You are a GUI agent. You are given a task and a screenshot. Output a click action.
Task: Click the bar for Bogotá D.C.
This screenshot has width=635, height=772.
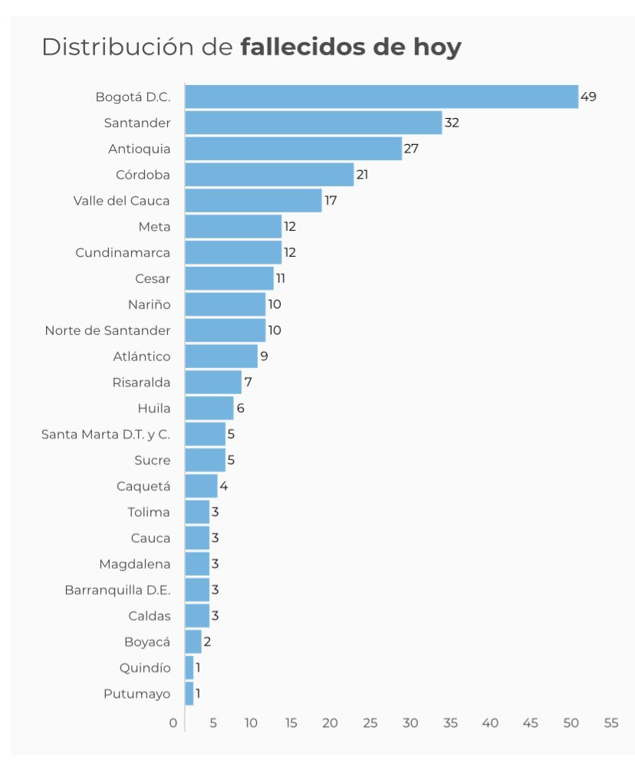pos(381,97)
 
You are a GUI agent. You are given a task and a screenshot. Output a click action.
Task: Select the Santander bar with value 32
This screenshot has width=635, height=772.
pos(313,123)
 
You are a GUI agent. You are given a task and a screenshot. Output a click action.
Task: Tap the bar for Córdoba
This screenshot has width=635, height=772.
pos(269,175)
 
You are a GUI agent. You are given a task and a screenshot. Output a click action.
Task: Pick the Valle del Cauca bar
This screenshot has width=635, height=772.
pos(253,201)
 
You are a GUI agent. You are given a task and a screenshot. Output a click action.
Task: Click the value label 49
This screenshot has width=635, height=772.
pos(588,97)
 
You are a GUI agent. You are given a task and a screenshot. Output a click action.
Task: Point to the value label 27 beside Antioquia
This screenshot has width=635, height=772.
pos(411,149)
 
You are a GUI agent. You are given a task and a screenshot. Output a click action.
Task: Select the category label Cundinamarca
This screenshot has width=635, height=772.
pos(123,252)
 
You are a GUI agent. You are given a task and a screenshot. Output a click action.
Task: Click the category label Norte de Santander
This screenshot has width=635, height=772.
pos(107,330)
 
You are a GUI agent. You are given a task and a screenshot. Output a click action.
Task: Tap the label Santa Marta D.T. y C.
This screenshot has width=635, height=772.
pos(106,434)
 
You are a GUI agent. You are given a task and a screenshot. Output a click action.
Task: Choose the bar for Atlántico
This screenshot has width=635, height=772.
pos(221,356)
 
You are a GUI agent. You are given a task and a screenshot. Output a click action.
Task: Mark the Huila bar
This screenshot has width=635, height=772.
pos(209,408)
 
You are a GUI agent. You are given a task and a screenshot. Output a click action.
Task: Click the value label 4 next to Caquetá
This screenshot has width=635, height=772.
pos(224,486)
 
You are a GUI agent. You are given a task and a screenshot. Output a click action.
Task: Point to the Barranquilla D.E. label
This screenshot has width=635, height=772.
pos(117,590)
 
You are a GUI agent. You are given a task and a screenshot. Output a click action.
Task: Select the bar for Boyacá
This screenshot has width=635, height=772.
pos(193,642)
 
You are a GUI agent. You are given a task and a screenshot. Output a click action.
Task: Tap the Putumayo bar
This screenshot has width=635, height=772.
pos(189,694)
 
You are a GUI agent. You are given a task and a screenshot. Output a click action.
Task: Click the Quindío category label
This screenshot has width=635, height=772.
pos(145,668)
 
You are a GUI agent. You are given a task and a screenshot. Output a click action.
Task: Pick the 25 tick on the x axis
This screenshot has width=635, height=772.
pos(370,723)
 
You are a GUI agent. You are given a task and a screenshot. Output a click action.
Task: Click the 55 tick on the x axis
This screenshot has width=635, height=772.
pos(611,723)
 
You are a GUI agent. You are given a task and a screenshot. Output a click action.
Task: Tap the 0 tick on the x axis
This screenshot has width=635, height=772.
pos(173,723)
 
